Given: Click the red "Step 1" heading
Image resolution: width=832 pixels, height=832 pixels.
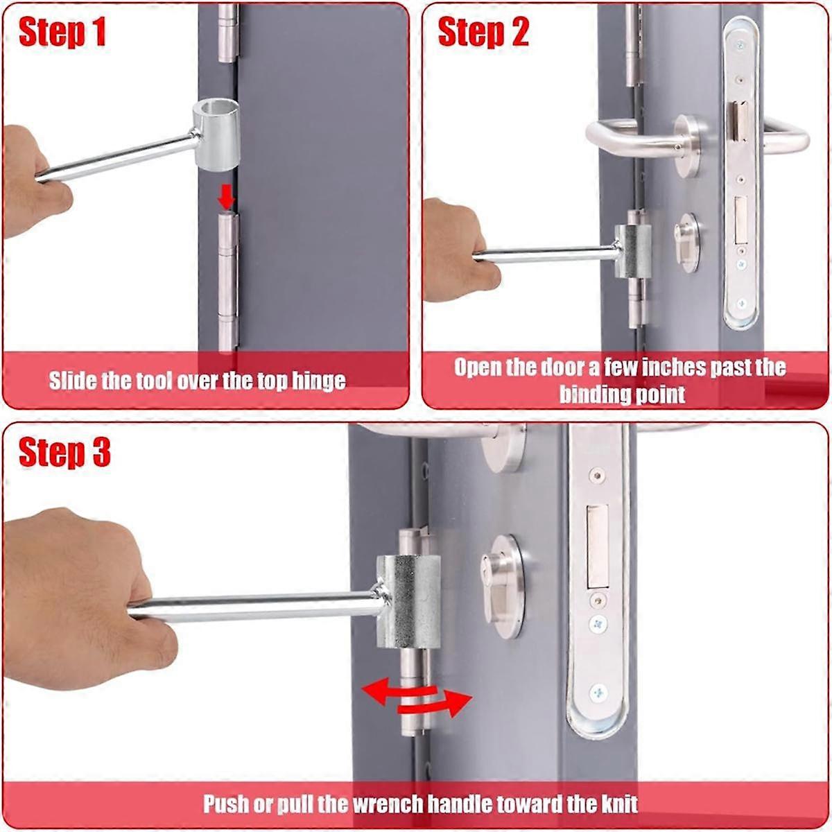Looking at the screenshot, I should pyautogui.click(x=62, y=33).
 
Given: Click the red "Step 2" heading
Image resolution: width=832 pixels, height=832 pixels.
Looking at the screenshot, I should pyautogui.click(x=483, y=33).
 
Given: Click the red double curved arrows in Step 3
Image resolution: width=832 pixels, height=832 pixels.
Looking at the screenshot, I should pyautogui.click(x=417, y=696).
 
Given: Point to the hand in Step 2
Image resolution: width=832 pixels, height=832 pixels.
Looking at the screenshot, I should pyautogui.click(x=454, y=250).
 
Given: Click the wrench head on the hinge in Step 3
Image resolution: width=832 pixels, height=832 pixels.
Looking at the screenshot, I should pyautogui.click(x=409, y=600).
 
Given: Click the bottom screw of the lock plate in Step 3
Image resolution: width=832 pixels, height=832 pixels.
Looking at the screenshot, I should pyautogui.click(x=597, y=692).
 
